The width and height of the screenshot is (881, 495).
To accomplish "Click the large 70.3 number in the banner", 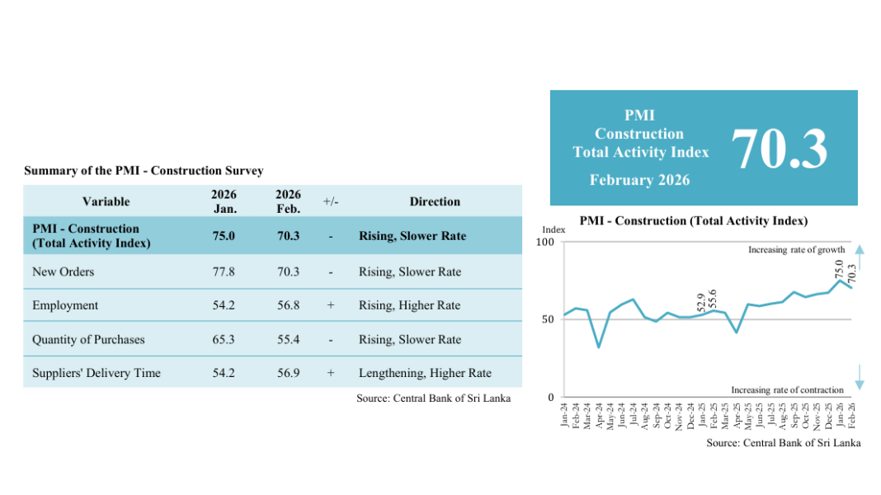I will tap(779, 148).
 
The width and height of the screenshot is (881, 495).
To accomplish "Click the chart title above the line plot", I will tap(693, 221).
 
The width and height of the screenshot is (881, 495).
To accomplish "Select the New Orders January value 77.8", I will tap(224, 272).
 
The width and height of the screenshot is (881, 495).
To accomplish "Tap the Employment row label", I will tap(65, 305).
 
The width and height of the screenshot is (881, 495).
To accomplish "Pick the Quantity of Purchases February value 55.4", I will tap(288, 340).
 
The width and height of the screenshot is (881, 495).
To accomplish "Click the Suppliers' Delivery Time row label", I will tap(97, 373).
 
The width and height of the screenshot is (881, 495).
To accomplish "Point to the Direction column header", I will tap(435, 201).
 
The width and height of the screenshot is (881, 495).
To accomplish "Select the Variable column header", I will tap(106, 201).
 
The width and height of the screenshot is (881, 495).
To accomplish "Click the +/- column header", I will tap(331, 201).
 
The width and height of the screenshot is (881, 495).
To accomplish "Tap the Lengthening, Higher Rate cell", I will tap(425, 373).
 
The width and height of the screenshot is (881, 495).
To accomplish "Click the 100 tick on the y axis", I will tap(544, 242).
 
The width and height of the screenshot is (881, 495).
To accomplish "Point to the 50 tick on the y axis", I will tap(548, 319).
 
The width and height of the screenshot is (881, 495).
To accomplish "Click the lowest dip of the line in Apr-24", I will tap(599, 346).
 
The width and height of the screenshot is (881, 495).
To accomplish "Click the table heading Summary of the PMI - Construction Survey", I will tap(144, 171).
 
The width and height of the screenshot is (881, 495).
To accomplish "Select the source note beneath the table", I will tap(433, 398).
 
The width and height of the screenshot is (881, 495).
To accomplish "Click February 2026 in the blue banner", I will tap(639, 180).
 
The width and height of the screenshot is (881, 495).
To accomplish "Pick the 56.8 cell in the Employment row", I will tap(288, 305).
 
